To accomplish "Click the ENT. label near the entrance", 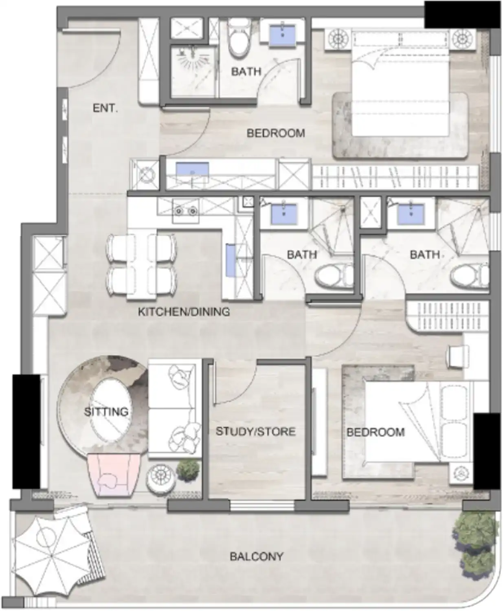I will (105, 108).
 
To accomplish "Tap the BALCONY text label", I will (256, 556).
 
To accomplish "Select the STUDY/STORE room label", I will (255, 431).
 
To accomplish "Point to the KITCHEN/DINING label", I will (184, 312).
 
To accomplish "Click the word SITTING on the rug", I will (106, 412).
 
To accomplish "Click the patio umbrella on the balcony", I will (52, 555).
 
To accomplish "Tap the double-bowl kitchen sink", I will (186, 211).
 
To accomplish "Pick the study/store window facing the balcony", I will (262, 506).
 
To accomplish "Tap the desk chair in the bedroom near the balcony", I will (457, 356).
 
